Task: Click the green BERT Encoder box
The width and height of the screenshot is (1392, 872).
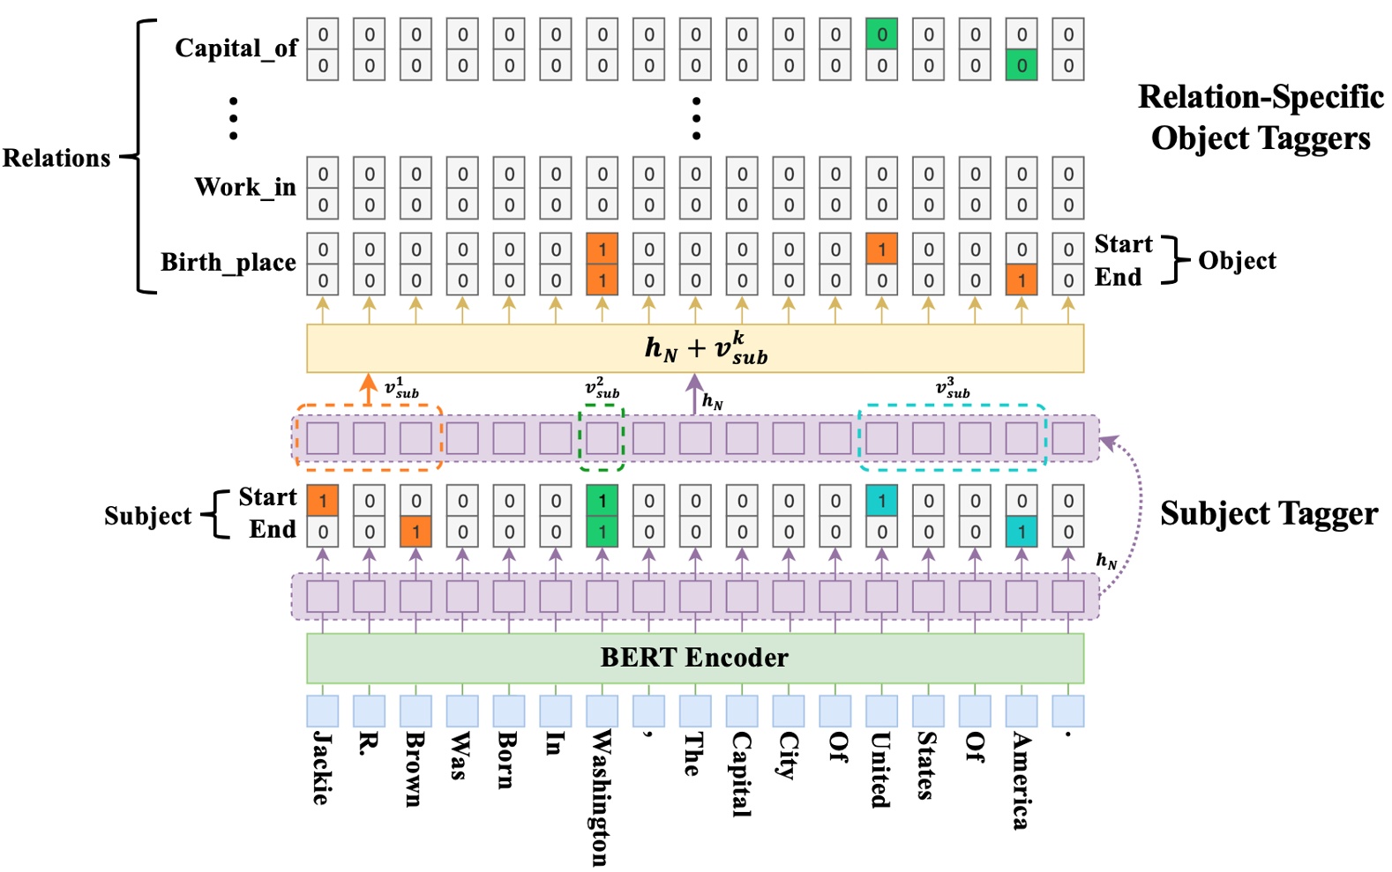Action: point(694,658)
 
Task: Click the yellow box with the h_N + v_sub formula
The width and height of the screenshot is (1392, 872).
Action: point(694,348)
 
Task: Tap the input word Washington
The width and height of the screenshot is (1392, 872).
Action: point(601,797)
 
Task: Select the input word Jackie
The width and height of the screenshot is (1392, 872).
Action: point(322,767)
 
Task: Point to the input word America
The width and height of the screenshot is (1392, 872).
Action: point(1021,780)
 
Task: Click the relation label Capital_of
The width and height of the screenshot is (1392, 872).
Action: point(236,48)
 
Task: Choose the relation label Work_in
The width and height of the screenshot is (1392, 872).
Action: point(245,187)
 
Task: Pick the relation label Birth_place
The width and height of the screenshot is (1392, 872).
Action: point(228,263)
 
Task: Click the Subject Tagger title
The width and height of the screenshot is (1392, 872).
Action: point(1268,514)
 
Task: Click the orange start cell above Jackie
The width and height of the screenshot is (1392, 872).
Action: point(322,501)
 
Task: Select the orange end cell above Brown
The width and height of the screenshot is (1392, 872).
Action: point(415,532)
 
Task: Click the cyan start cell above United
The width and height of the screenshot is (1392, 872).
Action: point(881,501)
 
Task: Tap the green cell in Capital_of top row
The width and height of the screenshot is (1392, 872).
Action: point(881,35)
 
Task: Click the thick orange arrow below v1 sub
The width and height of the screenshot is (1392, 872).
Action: point(368,390)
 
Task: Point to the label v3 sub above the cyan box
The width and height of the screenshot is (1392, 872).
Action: point(953,388)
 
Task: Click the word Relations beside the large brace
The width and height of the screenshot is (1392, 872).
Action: point(56,159)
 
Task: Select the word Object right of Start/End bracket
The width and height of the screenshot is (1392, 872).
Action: point(1236,261)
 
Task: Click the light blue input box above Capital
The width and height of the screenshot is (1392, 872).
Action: point(742,711)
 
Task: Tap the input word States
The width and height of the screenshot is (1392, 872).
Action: point(926,764)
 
